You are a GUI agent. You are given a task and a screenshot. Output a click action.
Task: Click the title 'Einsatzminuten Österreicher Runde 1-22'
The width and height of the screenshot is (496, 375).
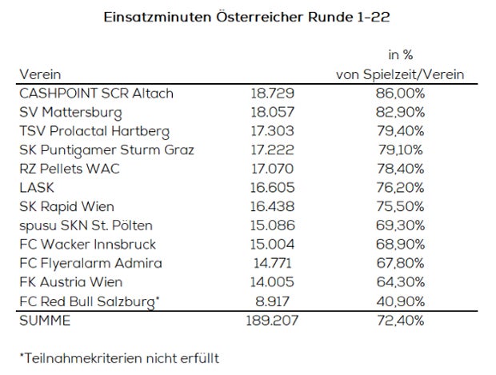(x=247, y=15)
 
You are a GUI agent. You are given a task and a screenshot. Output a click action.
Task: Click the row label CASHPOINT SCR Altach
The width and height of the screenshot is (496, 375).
(x=96, y=94)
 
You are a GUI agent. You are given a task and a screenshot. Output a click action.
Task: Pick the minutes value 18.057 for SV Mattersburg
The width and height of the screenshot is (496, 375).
(x=270, y=113)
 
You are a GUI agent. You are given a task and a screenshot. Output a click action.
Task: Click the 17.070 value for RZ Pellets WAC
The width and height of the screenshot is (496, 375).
(x=270, y=169)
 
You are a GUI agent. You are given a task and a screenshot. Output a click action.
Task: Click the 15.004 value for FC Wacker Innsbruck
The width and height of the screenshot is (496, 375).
(x=270, y=244)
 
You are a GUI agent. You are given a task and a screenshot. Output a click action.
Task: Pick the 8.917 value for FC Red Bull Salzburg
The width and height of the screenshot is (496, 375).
(x=270, y=301)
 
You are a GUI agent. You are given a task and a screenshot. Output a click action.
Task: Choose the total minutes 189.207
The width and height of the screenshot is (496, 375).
(x=270, y=320)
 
